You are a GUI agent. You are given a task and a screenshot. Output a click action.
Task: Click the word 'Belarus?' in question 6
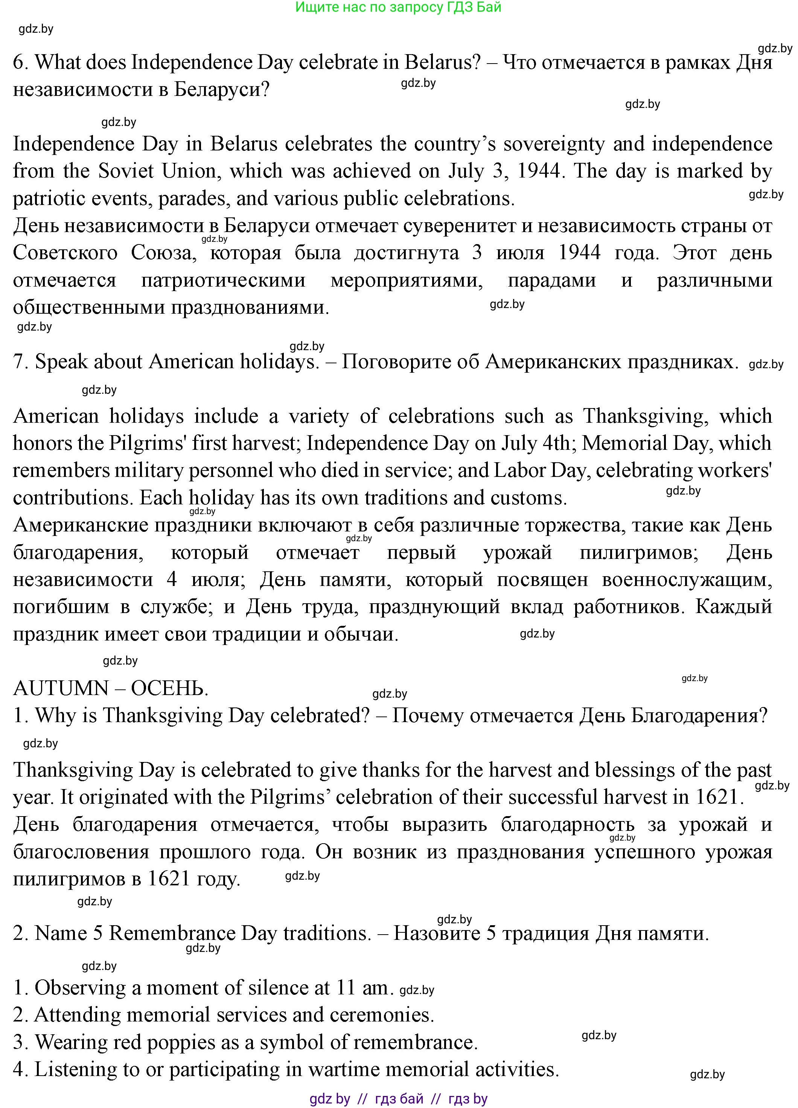click(443, 62)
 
